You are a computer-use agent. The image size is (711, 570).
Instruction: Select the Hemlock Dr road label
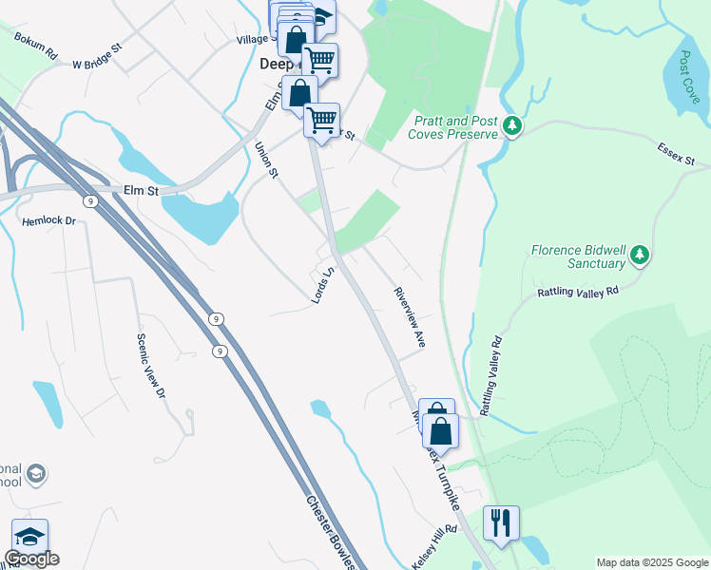click(x=48, y=220)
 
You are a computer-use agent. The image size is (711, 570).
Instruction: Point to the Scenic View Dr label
click(x=150, y=366)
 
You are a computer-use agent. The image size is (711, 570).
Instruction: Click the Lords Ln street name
click(x=324, y=286)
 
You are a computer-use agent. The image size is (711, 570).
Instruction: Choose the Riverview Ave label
click(x=408, y=317)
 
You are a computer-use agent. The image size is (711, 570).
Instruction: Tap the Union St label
click(x=266, y=160)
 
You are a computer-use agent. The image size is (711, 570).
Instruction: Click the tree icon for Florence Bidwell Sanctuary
click(x=640, y=255)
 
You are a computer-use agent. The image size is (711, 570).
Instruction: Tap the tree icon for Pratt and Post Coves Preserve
click(x=512, y=126)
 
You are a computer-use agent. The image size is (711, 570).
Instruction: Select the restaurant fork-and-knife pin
click(x=500, y=523)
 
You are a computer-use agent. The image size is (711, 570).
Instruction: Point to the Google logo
click(x=31, y=559)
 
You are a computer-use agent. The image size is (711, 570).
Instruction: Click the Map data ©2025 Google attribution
click(x=651, y=562)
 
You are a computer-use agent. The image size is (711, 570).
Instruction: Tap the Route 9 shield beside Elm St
click(x=88, y=200)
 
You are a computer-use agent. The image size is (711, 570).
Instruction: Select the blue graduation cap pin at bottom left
click(x=29, y=536)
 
